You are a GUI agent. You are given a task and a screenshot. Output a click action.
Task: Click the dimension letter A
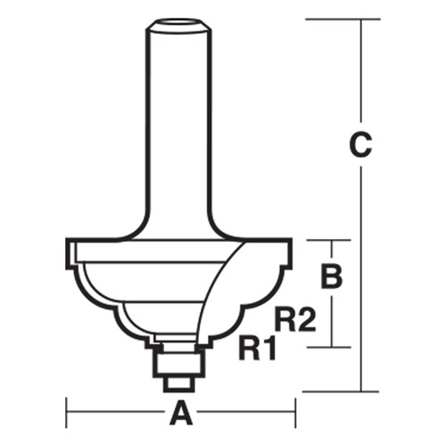pyautogui.click(x=182, y=413)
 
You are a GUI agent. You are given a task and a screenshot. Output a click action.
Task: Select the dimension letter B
pyautogui.click(x=331, y=277)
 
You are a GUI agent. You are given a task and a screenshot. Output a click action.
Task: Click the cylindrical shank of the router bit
pyautogui.click(x=178, y=116)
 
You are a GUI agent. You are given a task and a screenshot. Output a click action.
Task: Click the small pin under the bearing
pyautogui.click(x=179, y=381)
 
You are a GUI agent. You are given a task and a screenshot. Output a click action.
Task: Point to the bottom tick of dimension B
pyautogui.click(x=331, y=347)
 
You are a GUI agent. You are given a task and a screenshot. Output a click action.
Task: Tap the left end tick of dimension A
pyautogui.click(x=68, y=413)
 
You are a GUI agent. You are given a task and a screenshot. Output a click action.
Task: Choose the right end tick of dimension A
pyautogui.click(x=294, y=413)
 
